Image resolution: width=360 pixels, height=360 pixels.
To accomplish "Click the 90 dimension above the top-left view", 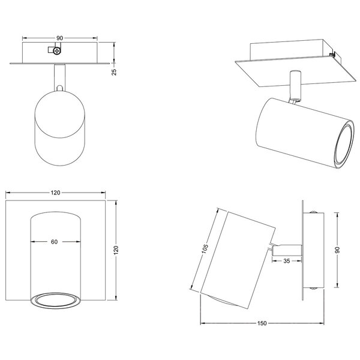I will click(59, 38).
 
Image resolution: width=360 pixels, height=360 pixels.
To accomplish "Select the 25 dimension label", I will click(114, 72).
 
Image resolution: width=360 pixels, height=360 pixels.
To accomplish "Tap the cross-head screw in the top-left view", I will click(56, 52).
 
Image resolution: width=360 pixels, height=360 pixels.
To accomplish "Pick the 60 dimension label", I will click(54, 242).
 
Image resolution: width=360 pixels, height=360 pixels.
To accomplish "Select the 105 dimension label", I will click(205, 248).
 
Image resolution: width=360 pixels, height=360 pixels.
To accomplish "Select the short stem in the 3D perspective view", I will click(294, 86).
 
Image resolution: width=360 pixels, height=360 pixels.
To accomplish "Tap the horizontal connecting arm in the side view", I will click(287, 247).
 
